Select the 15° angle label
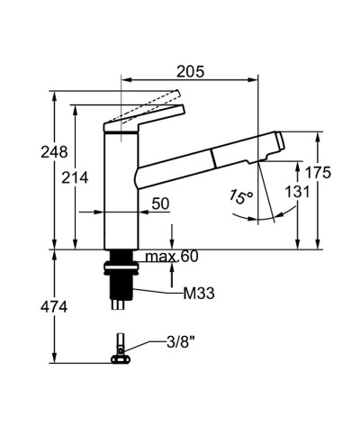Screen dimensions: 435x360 240,195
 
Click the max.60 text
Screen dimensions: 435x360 172,258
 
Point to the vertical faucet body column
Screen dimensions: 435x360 121,189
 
